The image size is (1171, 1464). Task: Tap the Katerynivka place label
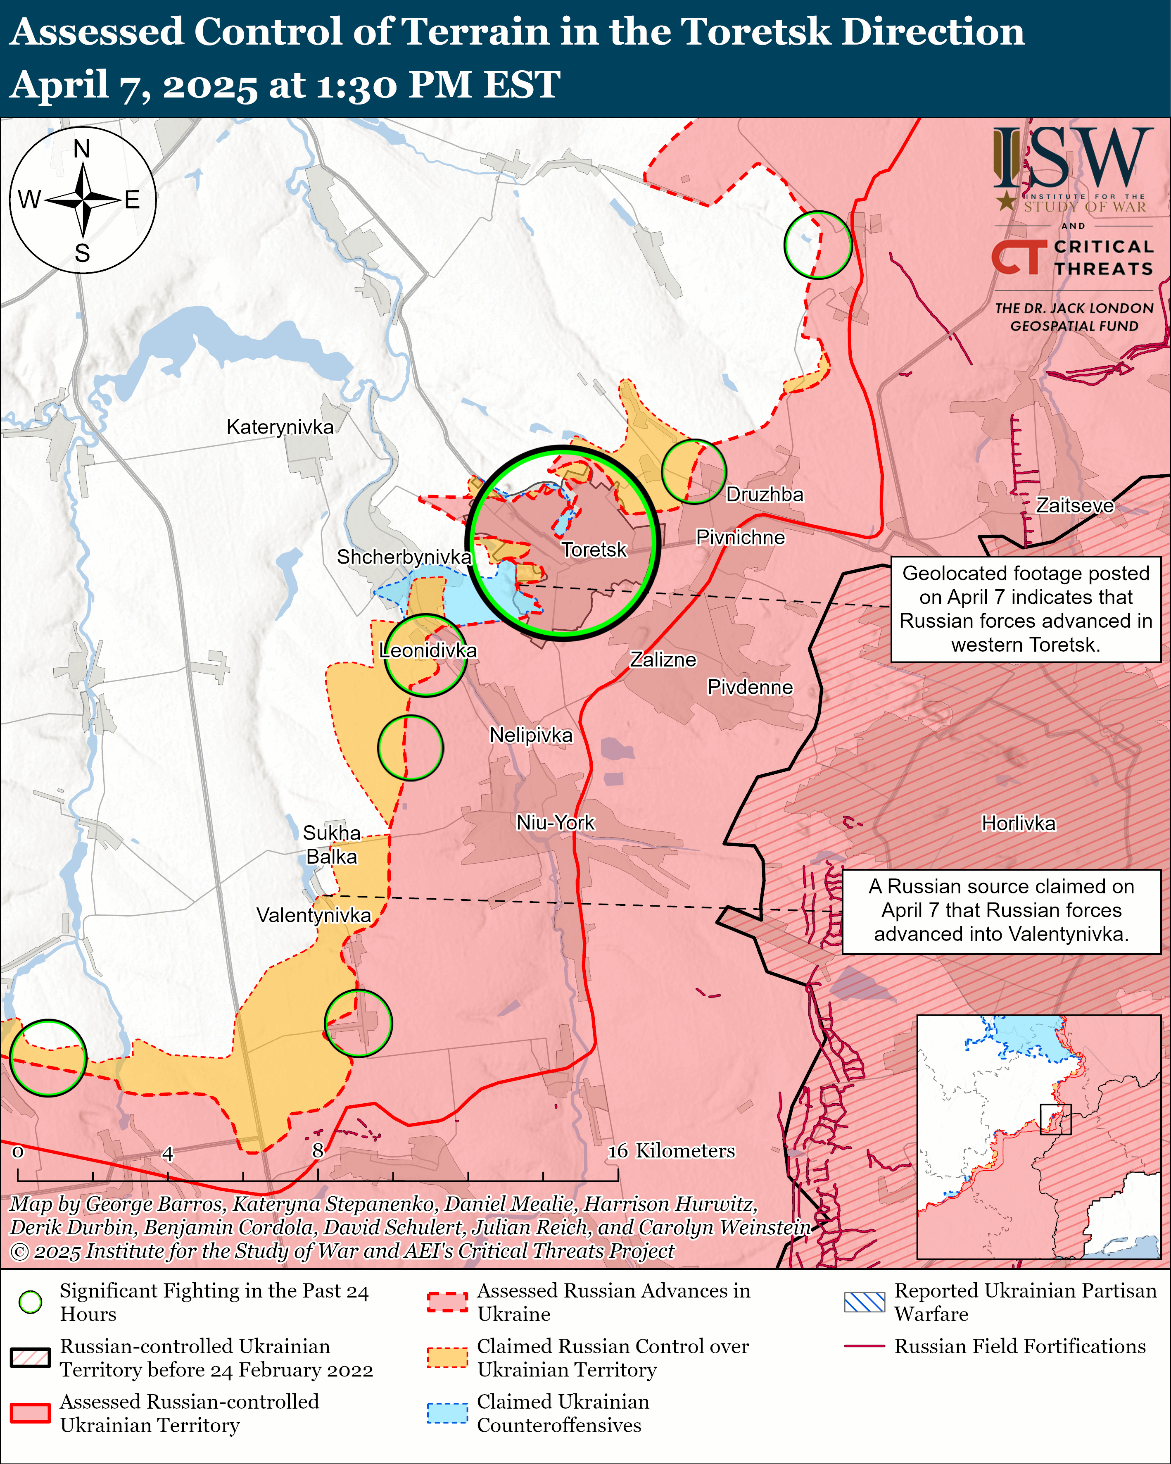tap(280, 427)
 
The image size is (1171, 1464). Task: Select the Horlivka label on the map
tap(1018, 824)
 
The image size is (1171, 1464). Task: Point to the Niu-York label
tap(555, 822)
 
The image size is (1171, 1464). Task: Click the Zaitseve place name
tap(1075, 505)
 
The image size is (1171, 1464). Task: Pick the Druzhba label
tap(765, 494)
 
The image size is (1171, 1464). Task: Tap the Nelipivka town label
tap(531, 735)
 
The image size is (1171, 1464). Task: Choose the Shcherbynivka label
tap(404, 557)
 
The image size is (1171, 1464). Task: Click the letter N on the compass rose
tap(81, 149)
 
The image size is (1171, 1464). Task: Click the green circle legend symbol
tap(31, 1302)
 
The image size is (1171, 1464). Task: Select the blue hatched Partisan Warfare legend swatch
tap(864, 1302)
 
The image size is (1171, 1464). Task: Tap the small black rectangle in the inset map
tap(1056, 1119)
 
